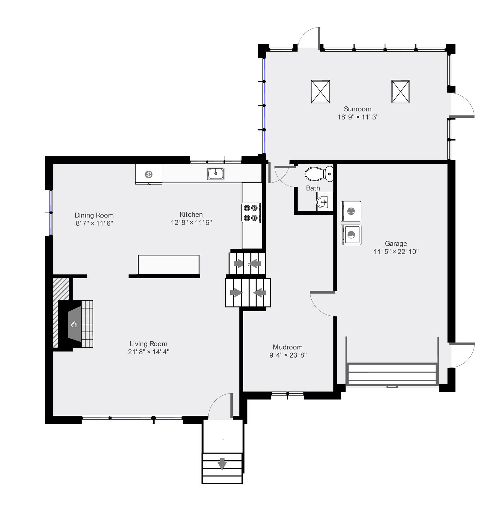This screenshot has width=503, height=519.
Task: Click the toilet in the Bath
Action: [x=319, y=174]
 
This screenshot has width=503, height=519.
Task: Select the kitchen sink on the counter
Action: [x=216, y=173]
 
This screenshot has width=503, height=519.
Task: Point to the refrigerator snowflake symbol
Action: [x=149, y=174]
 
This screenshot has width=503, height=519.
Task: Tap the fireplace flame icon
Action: [x=74, y=324]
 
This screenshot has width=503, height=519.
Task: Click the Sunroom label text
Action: [x=358, y=109]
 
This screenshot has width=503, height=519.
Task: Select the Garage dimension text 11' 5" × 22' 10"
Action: [x=396, y=252]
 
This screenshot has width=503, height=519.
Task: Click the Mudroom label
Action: [x=288, y=347]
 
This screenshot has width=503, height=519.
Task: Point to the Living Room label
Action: [x=148, y=344]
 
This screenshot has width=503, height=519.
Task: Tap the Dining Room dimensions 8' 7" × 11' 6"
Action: [x=94, y=223]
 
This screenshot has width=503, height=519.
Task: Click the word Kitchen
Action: [x=191, y=214]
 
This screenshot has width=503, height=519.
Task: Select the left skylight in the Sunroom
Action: [x=320, y=92]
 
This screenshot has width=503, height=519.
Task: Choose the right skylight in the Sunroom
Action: [x=400, y=92]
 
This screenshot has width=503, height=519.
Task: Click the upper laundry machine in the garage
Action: [x=351, y=211]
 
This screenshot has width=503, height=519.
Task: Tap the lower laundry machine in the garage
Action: [x=351, y=235]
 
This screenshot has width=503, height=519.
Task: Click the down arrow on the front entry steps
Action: [x=222, y=464]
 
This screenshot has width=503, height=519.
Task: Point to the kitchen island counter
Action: [x=169, y=264]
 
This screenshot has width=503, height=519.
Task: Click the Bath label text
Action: [x=313, y=188]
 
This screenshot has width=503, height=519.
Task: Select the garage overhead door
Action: [x=392, y=374]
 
